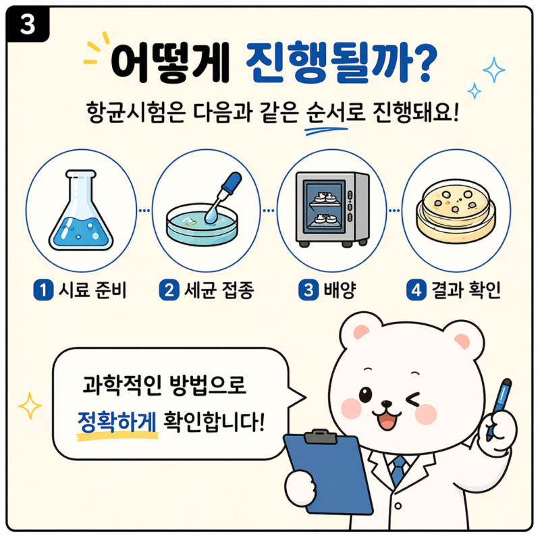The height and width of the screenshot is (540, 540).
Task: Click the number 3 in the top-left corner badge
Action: [x=28, y=25]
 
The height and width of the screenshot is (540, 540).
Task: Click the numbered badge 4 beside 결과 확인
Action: [x=414, y=291]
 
